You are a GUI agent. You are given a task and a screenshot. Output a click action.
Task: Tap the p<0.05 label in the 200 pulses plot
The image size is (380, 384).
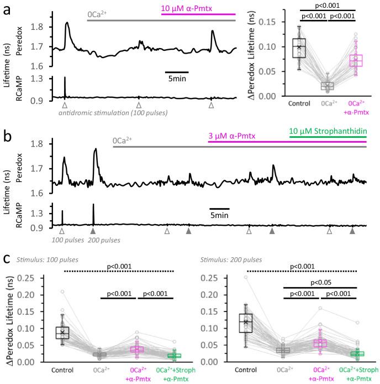tap(320, 282)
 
